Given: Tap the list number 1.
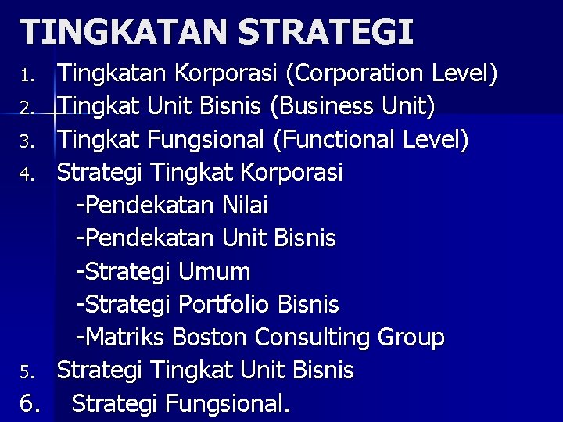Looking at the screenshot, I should pos(27,77).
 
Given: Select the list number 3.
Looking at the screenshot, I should pos(27,142).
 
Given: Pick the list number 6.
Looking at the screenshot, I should pos(30,404).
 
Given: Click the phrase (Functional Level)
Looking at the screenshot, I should pos(371,140).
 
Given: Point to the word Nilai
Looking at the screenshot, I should pos(245,206).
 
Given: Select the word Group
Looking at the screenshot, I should pos(411,338).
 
